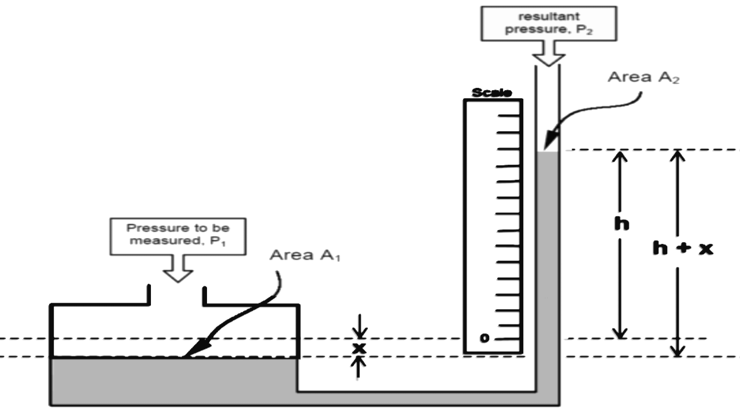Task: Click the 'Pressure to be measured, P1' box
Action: point(177,236)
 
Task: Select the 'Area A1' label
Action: point(305,255)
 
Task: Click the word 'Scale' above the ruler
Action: point(491,93)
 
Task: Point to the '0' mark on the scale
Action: point(484,338)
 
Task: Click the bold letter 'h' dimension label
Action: point(621,224)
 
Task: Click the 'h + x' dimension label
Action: point(682,248)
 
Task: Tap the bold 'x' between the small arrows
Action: point(360,348)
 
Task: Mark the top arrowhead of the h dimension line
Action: point(620,155)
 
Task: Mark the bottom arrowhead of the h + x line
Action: point(678,351)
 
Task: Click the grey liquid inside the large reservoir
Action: point(173,381)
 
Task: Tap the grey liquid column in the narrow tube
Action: point(547,260)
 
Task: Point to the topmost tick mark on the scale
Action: point(508,115)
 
